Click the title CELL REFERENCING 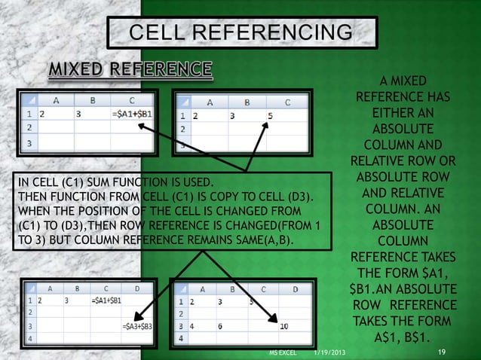tap(240, 33)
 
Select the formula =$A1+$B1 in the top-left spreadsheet tap(131, 114)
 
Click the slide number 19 tap(442, 352)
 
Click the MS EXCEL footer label tap(283, 352)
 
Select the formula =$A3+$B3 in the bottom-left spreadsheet tap(136, 327)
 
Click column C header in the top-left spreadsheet tap(132, 99)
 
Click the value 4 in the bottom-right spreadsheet tap(194, 327)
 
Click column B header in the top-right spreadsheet tap(244, 102)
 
